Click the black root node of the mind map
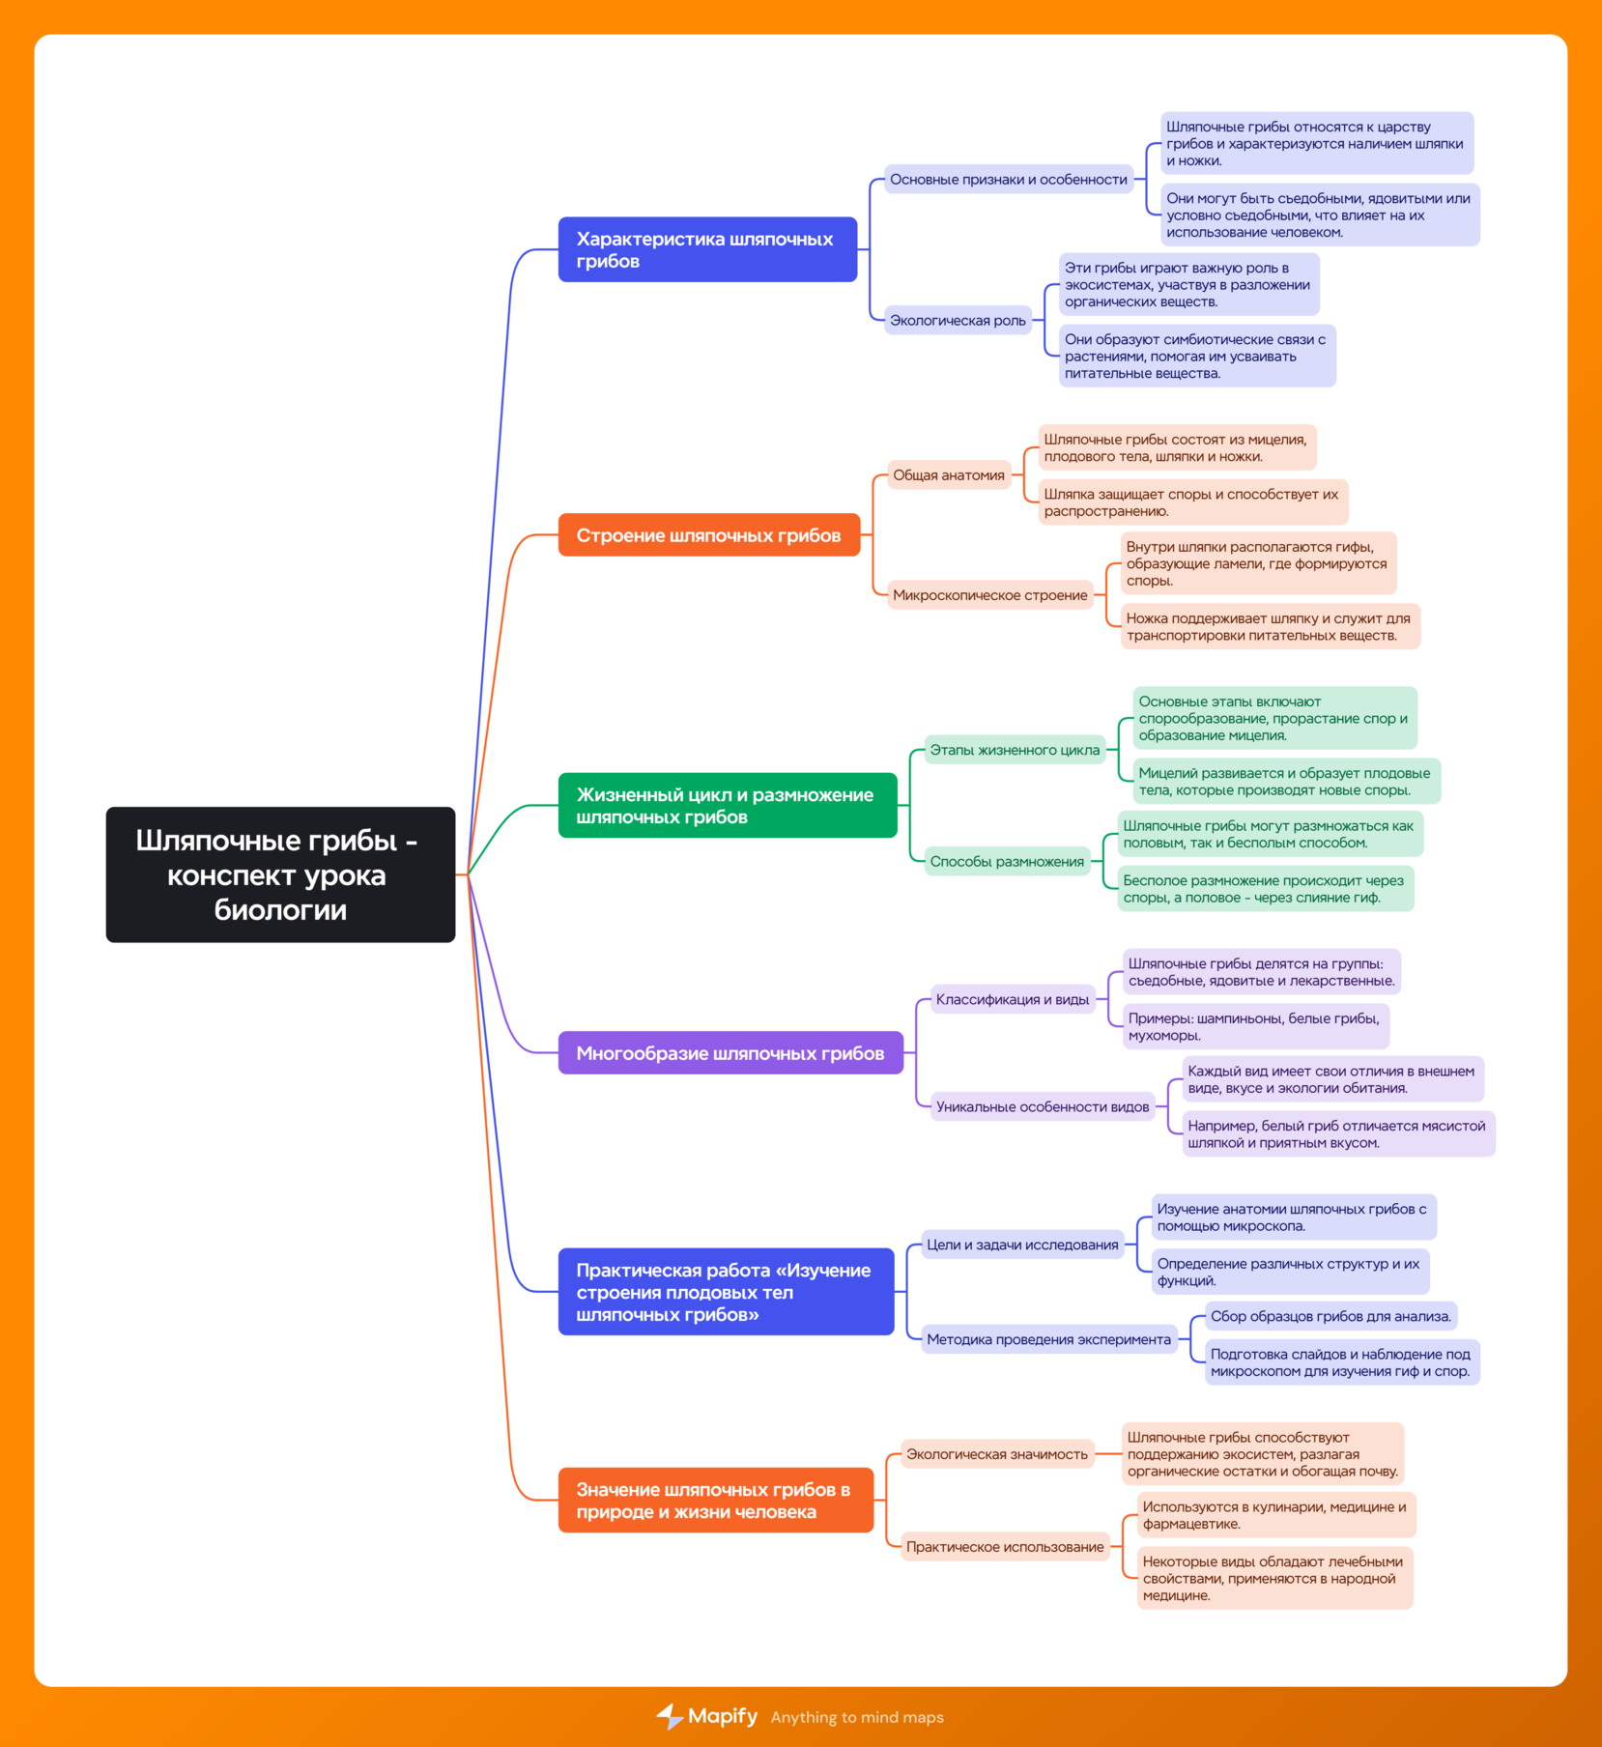[x=280, y=874]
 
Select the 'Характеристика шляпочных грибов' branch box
[x=707, y=249]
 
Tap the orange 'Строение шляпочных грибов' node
[x=709, y=535]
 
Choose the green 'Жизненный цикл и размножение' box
[x=728, y=806]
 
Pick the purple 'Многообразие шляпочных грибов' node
[x=730, y=1053]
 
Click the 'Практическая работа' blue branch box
[x=726, y=1292]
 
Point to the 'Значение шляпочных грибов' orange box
[x=716, y=1501]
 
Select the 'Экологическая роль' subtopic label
[x=958, y=321]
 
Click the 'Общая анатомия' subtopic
[x=949, y=475]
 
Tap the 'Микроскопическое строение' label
[x=990, y=595]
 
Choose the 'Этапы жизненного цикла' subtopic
[x=1015, y=750]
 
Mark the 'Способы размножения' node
[x=1007, y=862]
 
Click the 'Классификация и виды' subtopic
[x=1013, y=1000]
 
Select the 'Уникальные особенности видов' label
[x=1043, y=1107]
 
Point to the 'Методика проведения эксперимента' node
[x=1048, y=1339]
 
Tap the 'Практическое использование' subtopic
[x=1005, y=1547]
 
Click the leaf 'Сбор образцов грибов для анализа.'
[x=1330, y=1316]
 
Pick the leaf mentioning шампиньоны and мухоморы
[x=1255, y=1026]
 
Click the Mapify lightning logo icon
[x=670, y=1716]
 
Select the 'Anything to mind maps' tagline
[x=857, y=1717]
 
